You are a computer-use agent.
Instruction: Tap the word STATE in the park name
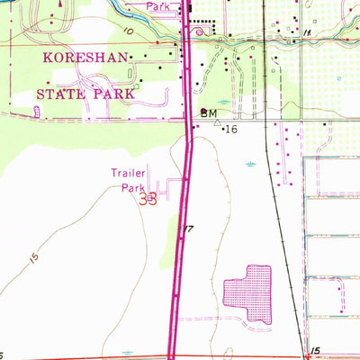click(x=62, y=93)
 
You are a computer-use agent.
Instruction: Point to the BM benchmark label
click(x=209, y=113)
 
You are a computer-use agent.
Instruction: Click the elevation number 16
click(x=230, y=130)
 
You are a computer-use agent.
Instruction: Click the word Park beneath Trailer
click(x=132, y=189)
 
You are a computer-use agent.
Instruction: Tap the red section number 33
click(x=148, y=199)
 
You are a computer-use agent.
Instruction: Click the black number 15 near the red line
click(x=313, y=349)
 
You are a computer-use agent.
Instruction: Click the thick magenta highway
click(x=184, y=270)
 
